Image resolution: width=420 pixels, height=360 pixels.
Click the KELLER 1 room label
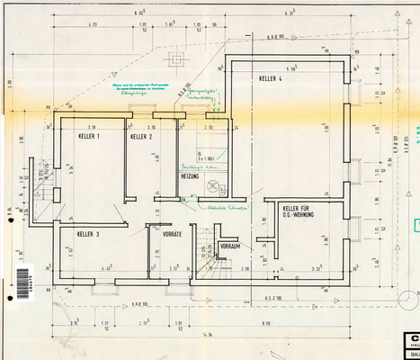click(x=89, y=136)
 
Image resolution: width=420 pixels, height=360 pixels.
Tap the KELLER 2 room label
click(x=141, y=137)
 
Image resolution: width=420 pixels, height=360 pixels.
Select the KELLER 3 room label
click(x=88, y=234)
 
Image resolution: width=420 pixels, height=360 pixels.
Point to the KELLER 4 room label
click(x=271, y=79)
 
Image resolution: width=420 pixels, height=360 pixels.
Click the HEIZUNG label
click(x=189, y=176)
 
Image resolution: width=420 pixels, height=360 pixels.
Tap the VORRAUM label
click(x=229, y=245)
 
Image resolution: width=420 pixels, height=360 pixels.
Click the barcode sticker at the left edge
click(x=22, y=281)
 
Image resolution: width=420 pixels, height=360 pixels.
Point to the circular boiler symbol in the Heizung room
click(x=213, y=187)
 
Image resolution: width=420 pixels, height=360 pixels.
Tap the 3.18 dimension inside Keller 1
click(x=91, y=127)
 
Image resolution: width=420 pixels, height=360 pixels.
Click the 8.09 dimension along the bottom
click(x=266, y=321)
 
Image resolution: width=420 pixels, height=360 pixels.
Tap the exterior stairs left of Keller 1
click(x=42, y=179)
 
